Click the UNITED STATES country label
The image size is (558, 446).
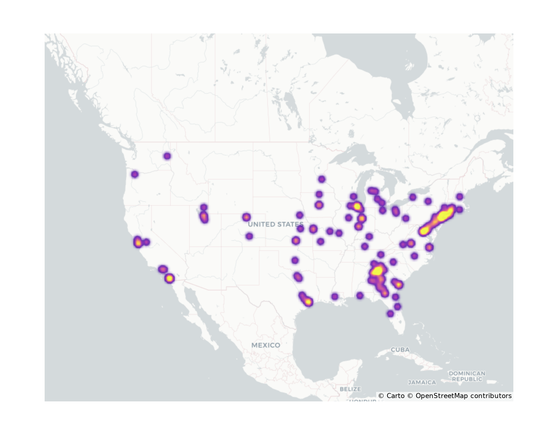(275, 224)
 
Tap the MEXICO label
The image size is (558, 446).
(266, 345)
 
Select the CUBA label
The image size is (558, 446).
(400, 350)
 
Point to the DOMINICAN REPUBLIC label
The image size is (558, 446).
(467, 376)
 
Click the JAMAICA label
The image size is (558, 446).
(422, 382)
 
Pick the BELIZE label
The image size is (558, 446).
(350, 389)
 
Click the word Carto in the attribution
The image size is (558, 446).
(395, 396)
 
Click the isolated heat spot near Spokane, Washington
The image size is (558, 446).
(167, 156)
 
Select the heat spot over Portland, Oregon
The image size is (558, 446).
(135, 174)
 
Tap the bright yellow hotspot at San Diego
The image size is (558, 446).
(169, 278)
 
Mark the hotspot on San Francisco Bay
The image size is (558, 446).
(138, 242)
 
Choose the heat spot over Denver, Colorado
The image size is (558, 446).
(246, 217)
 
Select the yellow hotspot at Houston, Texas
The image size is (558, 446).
(308, 302)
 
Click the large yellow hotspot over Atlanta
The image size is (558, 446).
(377, 271)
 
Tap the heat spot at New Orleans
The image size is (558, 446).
(335, 297)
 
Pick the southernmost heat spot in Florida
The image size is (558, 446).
(390, 314)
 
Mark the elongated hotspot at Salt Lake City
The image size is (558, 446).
(204, 217)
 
